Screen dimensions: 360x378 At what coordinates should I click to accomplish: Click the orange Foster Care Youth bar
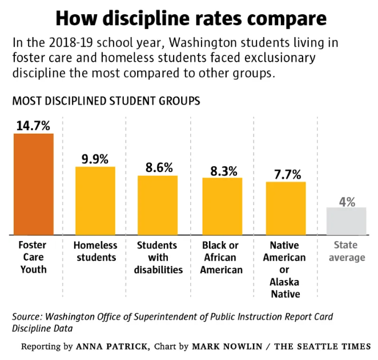pos(33,184)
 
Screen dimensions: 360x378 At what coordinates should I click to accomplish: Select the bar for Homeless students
pos(95,201)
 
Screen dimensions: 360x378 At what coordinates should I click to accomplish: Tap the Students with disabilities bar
pos(158,205)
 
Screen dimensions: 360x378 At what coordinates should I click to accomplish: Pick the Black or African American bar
pos(222,206)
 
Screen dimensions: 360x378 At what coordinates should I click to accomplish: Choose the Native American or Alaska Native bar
pos(285,208)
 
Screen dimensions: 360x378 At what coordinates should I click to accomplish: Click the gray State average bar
pos(346,221)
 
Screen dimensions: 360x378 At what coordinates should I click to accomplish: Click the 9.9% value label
pos(95,159)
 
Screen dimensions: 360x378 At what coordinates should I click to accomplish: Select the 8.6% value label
pos(158,167)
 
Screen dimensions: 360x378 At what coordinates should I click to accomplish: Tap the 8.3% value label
pos(222,170)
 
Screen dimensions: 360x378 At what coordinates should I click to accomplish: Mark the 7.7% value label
pos(285,174)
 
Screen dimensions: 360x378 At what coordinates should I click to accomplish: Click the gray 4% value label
pos(347,201)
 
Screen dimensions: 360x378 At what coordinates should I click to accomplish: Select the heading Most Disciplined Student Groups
pos(106,101)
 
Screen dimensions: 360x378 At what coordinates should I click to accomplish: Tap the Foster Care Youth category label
pos(33,257)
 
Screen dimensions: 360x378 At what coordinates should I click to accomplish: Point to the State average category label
pos(347,251)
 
